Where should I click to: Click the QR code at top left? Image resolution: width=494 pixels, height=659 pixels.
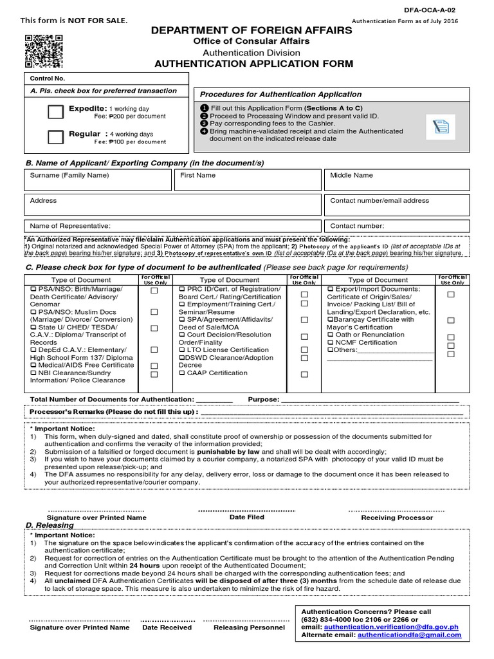point(44,50)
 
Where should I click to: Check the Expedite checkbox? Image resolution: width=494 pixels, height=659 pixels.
point(56,112)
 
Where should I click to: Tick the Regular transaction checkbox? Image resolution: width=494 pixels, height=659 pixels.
point(56,137)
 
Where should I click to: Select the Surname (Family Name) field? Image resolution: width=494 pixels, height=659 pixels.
point(97,180)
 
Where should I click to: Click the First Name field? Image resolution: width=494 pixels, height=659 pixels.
point(248,180)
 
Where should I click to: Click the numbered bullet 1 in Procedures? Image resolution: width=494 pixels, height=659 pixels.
point(205,107)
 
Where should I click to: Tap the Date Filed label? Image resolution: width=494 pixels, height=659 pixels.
point(246,517)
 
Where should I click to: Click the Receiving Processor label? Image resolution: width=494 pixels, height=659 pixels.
point(397,517)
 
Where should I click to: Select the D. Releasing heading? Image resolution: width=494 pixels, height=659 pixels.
point(50,526)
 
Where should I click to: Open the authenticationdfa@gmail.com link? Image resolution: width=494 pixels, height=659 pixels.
point(418,635)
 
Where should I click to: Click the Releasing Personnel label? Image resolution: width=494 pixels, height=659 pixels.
point(249,627)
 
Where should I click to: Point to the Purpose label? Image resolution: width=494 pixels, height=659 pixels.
point(264,400)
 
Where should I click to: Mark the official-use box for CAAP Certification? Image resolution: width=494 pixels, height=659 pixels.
point(304,374)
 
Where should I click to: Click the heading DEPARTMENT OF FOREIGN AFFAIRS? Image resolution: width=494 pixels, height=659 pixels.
point(252,30)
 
